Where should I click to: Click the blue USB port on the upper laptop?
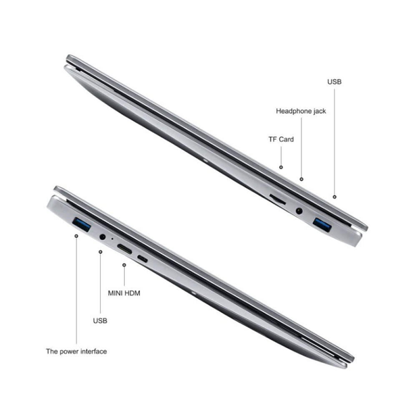tap(322, 224)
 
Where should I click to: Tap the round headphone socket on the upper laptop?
tap(299, 211)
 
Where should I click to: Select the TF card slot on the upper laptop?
tap(278, 199)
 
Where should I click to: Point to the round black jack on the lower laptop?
tap(103, 237)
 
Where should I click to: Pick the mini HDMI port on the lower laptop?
tap(124, 249)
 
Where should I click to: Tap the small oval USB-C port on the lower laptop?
tap(143, 259)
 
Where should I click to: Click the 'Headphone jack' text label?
tap(301, 111)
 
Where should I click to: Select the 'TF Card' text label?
tap(281, 139)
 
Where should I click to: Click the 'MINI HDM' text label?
tap(124, 293)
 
